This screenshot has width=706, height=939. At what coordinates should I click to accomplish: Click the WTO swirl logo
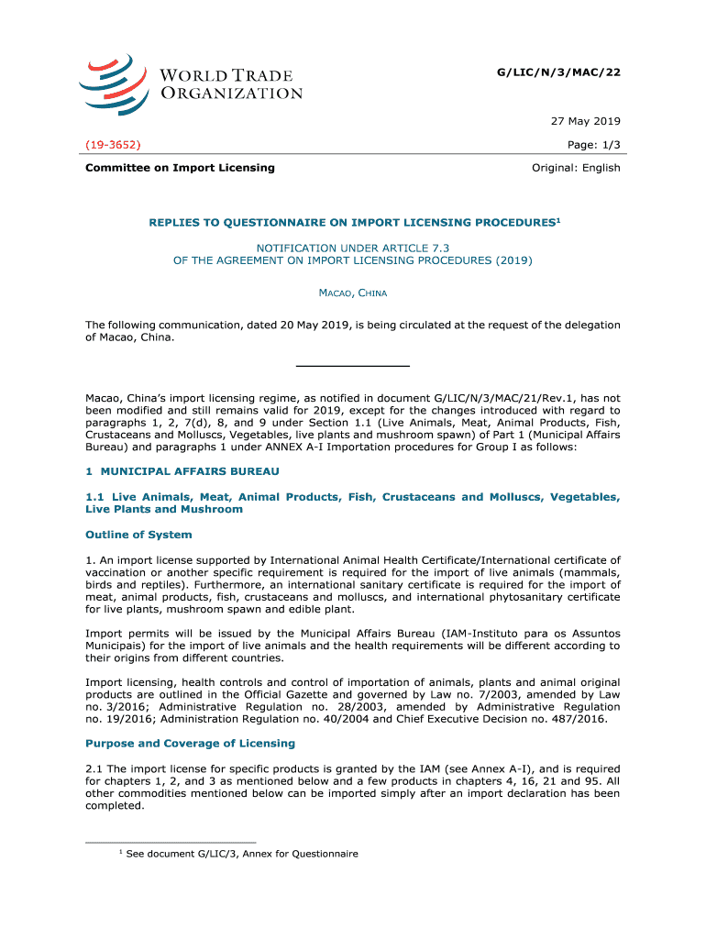112,82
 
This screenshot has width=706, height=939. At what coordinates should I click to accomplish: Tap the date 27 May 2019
586,121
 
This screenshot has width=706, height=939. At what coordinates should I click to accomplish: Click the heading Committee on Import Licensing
180,168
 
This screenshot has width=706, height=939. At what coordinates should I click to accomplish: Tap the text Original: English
576,168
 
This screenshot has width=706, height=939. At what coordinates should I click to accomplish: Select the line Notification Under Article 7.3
352,248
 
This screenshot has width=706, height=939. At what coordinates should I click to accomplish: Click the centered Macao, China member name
352,293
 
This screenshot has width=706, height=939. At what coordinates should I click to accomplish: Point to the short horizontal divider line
352,366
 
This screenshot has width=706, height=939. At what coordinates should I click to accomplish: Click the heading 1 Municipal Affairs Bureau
182,470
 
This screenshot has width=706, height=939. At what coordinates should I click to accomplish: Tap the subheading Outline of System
138,535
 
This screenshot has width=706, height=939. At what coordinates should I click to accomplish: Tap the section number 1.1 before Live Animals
94,497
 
